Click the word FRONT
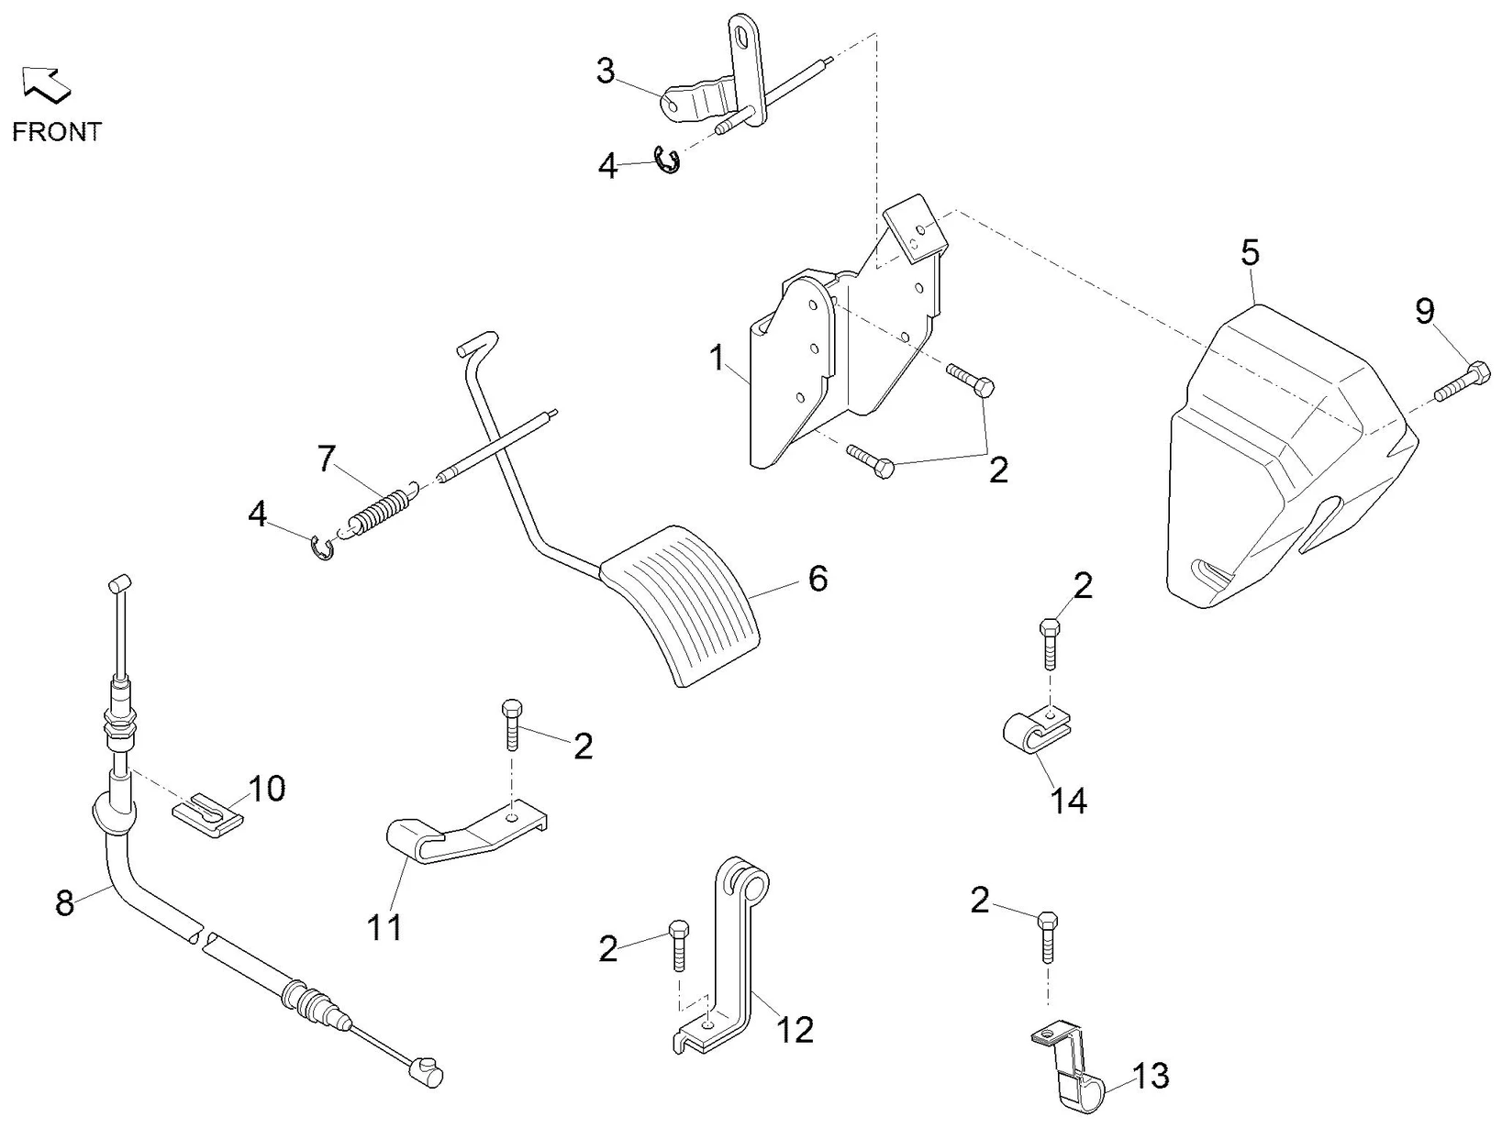point(56,132)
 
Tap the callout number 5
point(1251,252)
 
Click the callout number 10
point(266,788)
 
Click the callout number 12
point(795,1029)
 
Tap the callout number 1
point(718,358)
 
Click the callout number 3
point(606,71)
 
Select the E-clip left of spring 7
point(323,547)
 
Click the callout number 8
point(64,903)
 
